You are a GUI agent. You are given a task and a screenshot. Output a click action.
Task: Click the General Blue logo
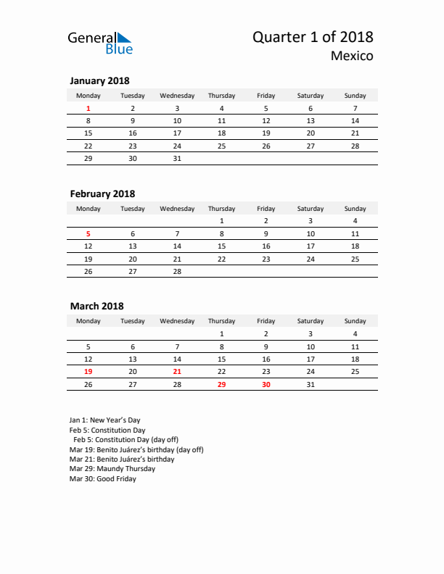100,43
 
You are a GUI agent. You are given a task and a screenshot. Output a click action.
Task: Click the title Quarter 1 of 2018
313,38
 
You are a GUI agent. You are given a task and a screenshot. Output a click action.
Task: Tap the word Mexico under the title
353,56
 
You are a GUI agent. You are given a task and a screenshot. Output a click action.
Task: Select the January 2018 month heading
99,81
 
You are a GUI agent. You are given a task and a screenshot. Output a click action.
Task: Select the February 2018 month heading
102,194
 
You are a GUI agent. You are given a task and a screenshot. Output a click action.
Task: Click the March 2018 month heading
96,307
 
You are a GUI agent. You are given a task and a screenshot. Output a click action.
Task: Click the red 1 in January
89,108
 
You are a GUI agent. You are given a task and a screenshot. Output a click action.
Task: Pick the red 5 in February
89,233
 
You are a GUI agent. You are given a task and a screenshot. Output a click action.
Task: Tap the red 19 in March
89,371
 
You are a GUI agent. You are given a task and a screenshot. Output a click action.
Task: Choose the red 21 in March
177,371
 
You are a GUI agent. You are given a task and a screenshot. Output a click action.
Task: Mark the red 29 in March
221,384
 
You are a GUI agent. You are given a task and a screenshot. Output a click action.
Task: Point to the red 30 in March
266,384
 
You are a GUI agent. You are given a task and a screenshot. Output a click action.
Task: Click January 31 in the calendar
177,158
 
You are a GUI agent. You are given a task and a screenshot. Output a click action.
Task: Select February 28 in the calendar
177,271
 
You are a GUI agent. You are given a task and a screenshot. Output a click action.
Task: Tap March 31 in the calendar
311,384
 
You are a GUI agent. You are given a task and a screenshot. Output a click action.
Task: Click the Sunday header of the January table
355,96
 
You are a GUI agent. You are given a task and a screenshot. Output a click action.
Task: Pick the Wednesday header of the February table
177,209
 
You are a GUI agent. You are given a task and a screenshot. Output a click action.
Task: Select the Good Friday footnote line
102,479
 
